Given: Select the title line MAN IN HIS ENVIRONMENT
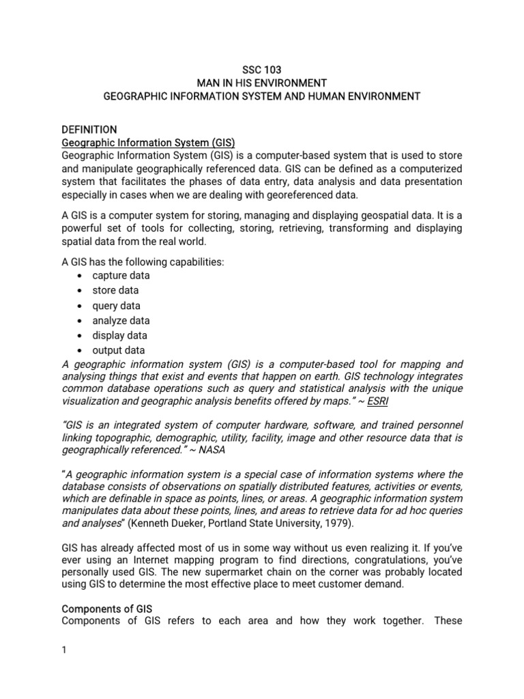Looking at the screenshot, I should (x=261, y=83).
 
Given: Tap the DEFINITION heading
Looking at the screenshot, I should (x=89, y=129).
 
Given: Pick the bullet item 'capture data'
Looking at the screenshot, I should (x=121, y=276).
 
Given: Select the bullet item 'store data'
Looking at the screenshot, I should (x=115, y=291).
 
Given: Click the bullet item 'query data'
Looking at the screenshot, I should (x=116, y=306).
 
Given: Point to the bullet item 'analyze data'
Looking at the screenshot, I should (x=121, y=321).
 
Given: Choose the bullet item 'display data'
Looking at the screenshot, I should (x=119, y=336).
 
